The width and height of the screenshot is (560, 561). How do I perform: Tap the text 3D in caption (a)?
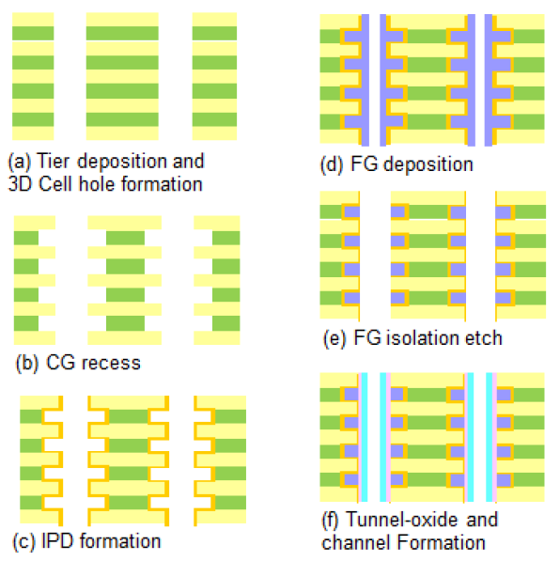(20, 184)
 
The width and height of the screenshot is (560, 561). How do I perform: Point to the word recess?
(107, 362)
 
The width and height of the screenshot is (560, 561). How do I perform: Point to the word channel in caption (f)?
(351, 542)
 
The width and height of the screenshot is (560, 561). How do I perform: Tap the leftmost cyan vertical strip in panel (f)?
(363, 437)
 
